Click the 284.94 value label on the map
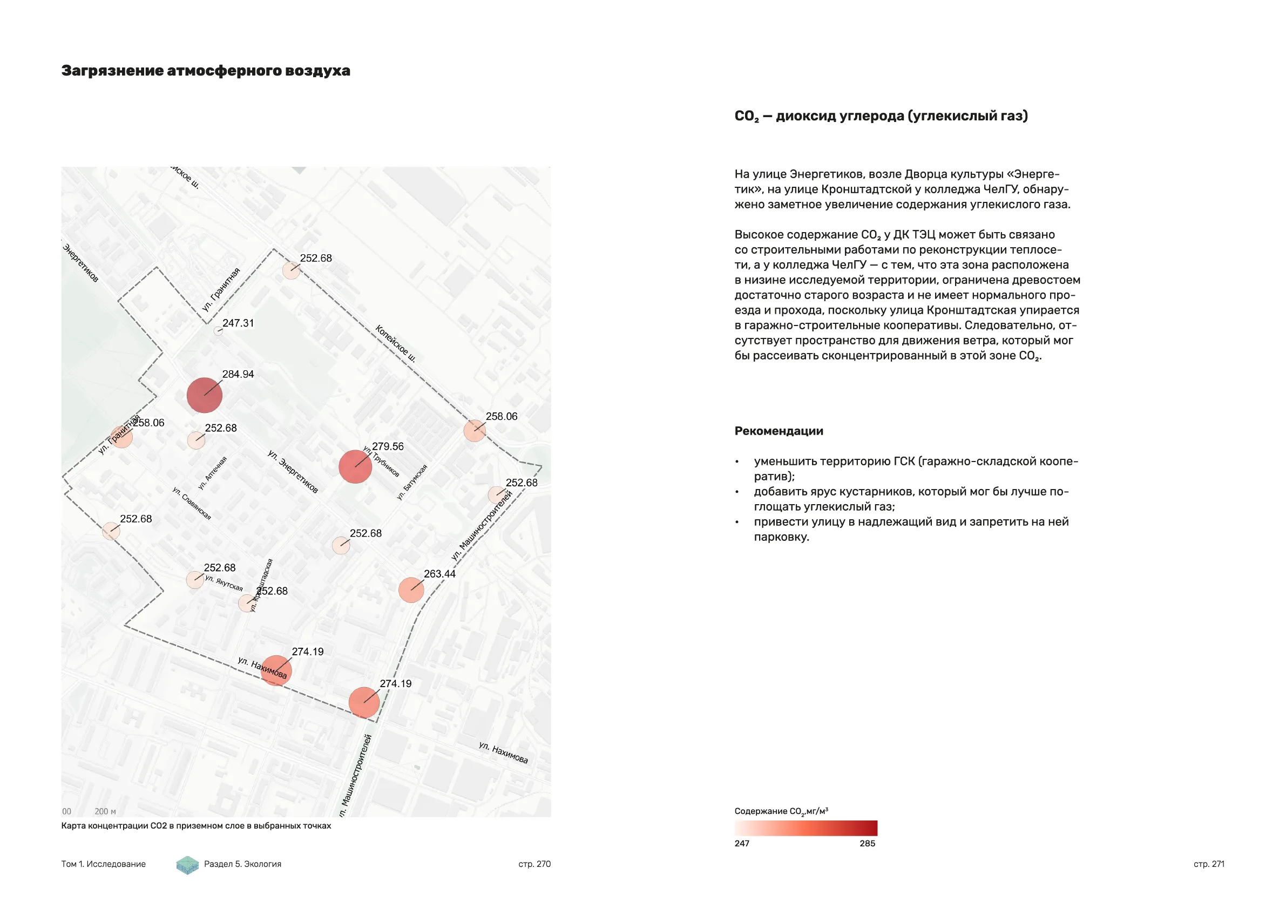(238, 374)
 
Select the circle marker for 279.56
(355, 466)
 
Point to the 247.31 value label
(238, 323)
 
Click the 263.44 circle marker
(411, 590)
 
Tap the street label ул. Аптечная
(213, 473)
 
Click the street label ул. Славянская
(192, 503)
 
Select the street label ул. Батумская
(412, 481)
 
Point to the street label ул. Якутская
(224, 582)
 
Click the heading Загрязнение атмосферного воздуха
(206, 71)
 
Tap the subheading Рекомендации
(779, 431)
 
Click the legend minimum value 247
(742, 844)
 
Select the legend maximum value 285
(867, 844)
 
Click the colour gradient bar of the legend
(806, 828)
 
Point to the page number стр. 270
(534, 864)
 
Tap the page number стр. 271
(1209, 864)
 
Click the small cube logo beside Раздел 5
(188, 865)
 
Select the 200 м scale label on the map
(105, 811)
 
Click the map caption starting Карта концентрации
(196, 825)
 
